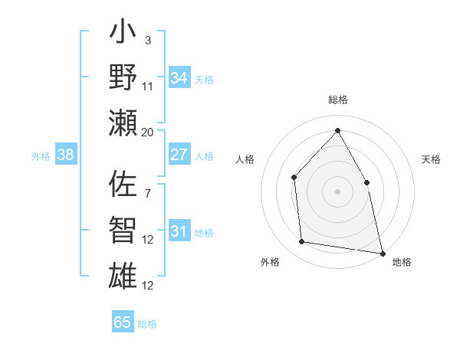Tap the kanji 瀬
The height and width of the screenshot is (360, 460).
click(x=123, y=123)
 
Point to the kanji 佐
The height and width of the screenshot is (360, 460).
click(x=123, y=185)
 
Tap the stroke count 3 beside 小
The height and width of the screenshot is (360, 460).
click(x=147, y=40)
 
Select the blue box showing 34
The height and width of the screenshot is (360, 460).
click(x=179, y=78)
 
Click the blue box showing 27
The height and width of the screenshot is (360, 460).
click(x=179, y=155)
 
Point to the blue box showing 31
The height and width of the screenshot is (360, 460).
click(x=179, y=232)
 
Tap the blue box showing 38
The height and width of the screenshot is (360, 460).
click(x=65, y=155)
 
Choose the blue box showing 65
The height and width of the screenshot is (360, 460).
click(x=123, y=322)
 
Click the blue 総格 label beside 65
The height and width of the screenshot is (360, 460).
click(x=147, y=323)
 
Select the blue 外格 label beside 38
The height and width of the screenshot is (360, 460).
click(x=41, y=156)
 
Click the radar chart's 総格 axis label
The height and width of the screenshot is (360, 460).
click(x=337, y=100)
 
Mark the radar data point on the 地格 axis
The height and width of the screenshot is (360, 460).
click(x=382, y=253)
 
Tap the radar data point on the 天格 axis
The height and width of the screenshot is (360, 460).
click(x=366, y=182)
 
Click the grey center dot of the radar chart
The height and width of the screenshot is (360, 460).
click(x=337, y=191)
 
